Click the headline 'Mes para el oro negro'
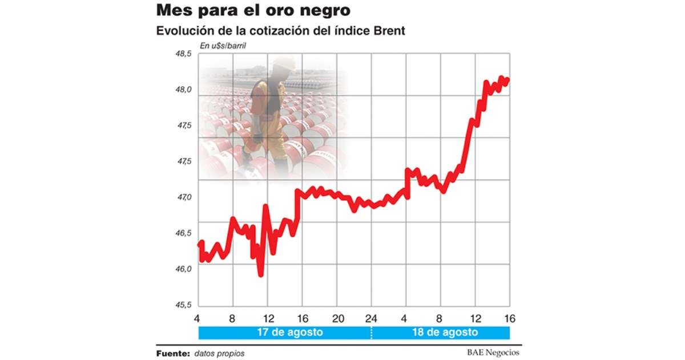click(253, 10)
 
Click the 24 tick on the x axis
click(372, 318)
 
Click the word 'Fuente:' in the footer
click(173, 353)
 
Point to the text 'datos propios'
click(219, 353)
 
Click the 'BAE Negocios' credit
click(490, 353)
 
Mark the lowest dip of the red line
click(261, 274)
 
